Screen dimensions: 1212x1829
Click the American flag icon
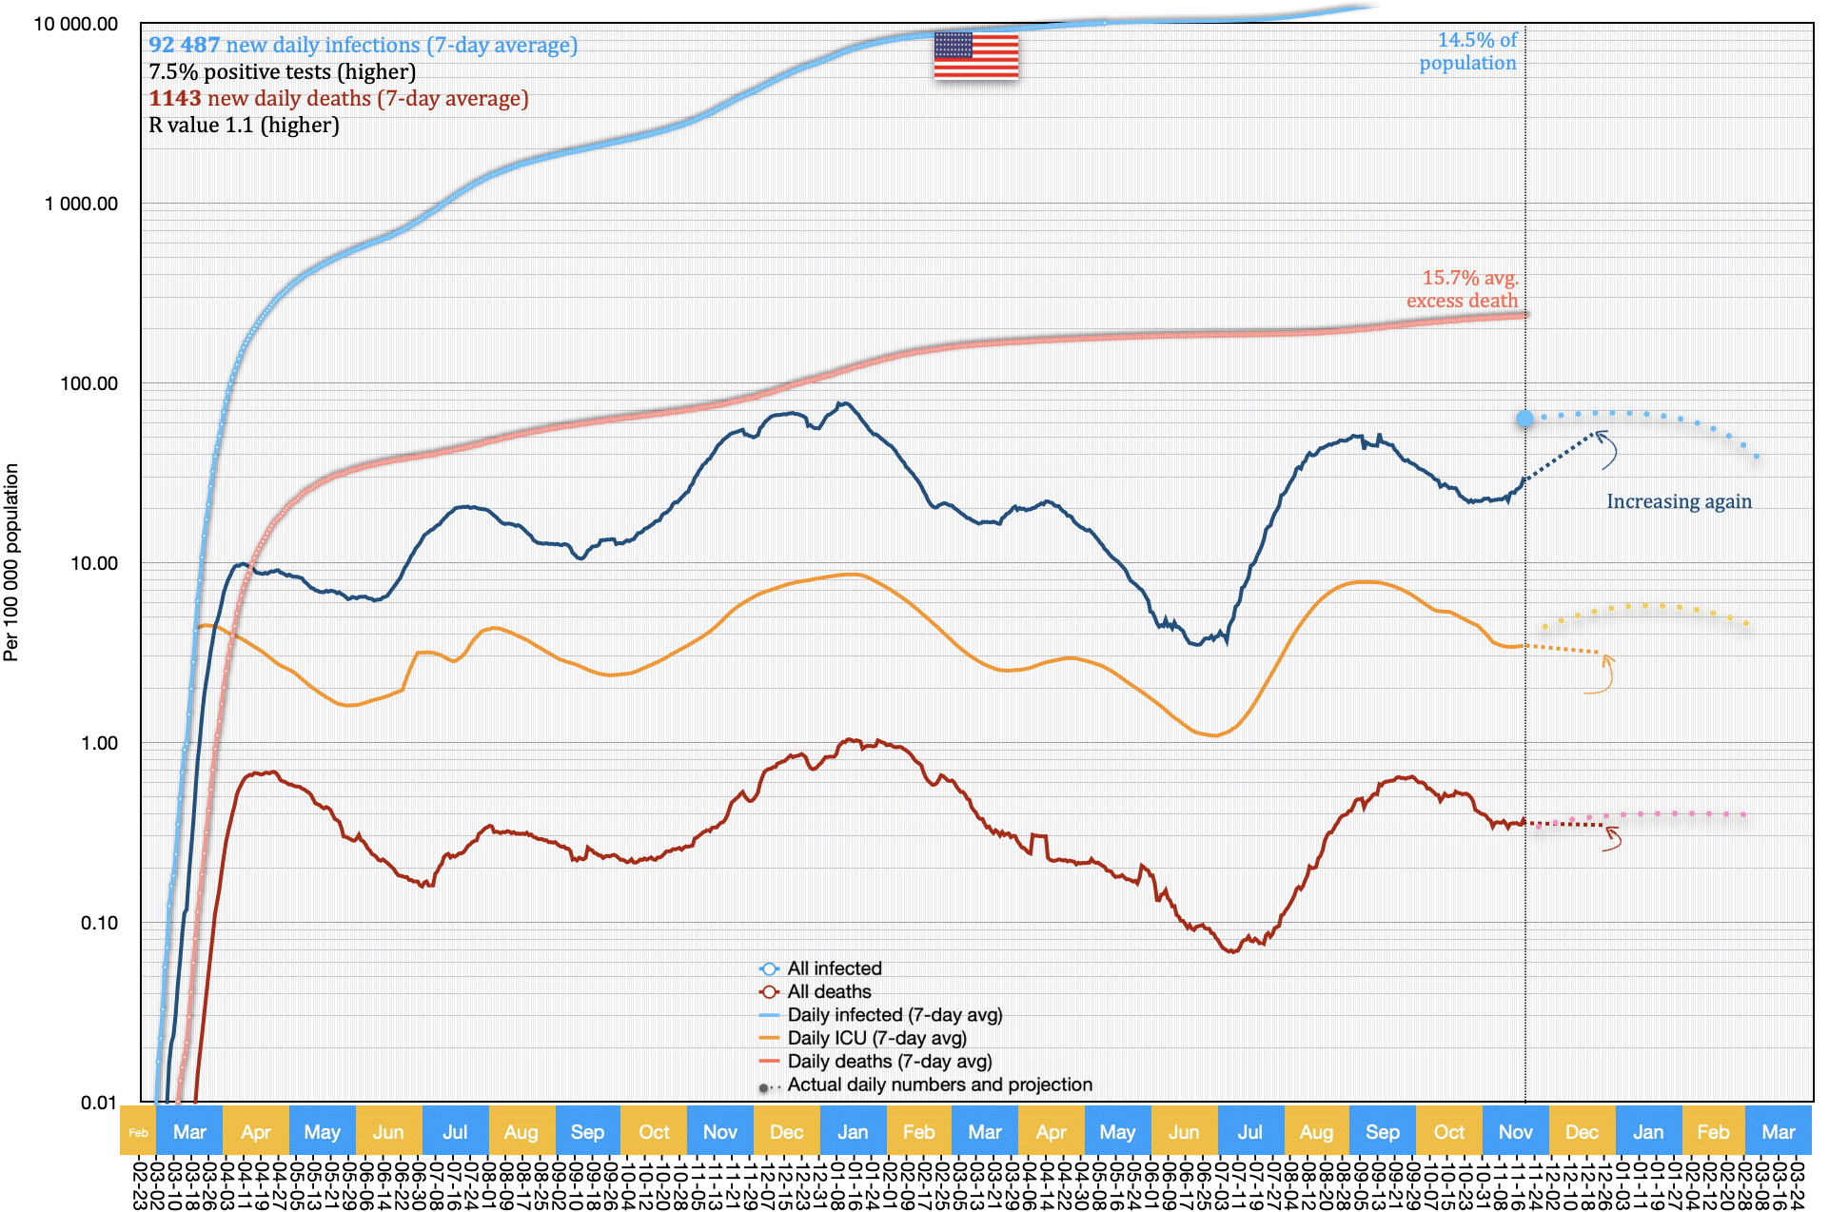tap(975, 56)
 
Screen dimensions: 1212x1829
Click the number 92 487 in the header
tap(185, 45)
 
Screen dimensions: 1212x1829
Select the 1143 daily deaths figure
tap(175, 98)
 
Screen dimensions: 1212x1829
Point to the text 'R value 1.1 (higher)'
tap(244, 125)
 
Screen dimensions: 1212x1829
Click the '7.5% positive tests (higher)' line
tap(282, 71)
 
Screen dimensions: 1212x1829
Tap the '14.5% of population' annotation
tap(1468, 51)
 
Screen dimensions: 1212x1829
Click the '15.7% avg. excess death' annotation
tap(1463, 289)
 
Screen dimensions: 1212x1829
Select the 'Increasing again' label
tap(1679, 501)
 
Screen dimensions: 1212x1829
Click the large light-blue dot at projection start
tap(1524, 419)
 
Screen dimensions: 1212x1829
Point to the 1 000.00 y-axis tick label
tap(82, 204)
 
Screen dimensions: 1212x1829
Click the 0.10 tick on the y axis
tap(99, 923)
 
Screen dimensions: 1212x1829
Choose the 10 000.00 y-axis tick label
tap(76, 24)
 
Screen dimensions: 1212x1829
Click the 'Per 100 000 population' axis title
tap(11, 562)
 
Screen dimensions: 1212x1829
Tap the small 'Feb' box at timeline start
tap(138, 1132)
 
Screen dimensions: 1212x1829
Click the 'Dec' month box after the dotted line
tap(1582, 1132)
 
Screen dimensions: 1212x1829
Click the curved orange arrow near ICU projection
tap(1603, 674)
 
